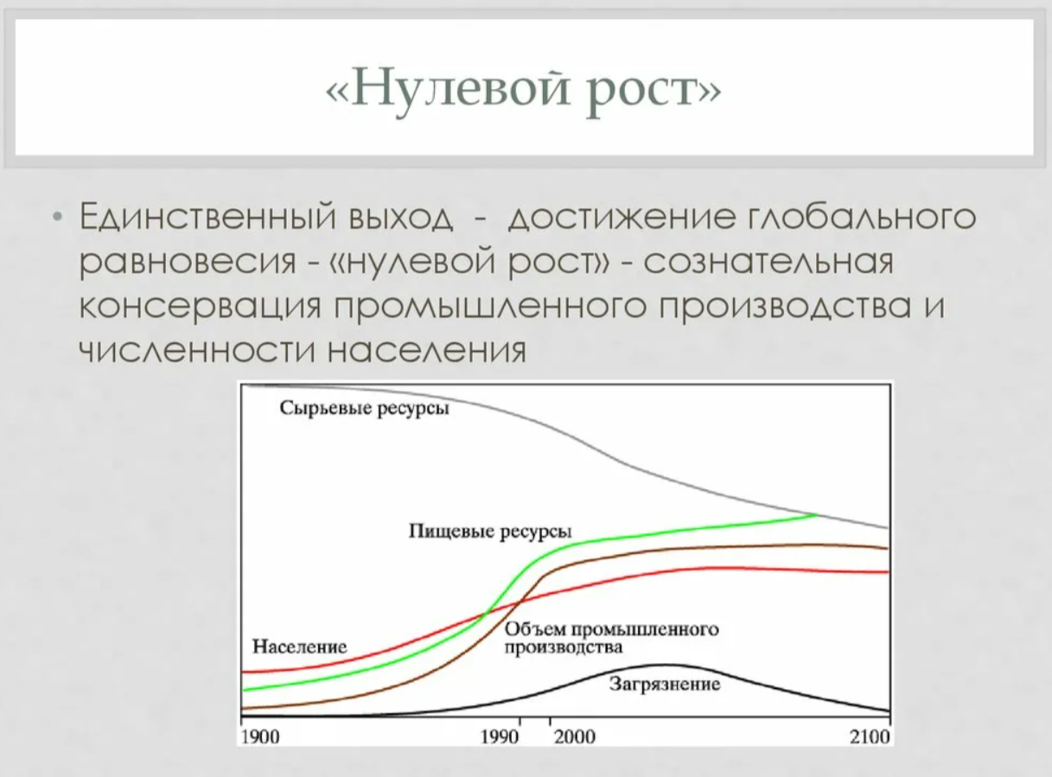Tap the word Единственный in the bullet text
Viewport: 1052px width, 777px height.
(x=207, y=217)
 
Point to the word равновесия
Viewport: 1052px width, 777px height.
(x=188, y=262)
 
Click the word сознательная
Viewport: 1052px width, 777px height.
(x=768, y=261)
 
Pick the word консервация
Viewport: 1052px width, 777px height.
(x=200, y=307)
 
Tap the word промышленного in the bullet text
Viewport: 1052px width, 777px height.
(x=490, y=307)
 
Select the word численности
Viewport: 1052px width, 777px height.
(x=197, y=351)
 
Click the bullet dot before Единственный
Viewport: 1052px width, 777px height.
(x=57, y=218)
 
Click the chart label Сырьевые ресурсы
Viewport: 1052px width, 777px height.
(x=364, y=409)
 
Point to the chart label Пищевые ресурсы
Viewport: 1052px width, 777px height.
(x=490, y=532)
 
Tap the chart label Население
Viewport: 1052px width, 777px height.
(x=299, y=646)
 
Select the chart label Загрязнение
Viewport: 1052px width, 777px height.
(x=665, y=684)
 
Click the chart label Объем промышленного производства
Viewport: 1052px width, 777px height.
(x=611, y=638)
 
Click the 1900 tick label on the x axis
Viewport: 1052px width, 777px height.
(x=260, y=736)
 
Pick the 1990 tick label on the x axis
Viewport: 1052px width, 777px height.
(x=500, y=736)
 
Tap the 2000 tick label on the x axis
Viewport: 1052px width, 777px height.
(x=575, y=736)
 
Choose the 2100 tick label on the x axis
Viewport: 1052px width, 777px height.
(x=870, y=736)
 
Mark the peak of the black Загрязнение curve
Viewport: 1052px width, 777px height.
(x=663, y=664)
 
